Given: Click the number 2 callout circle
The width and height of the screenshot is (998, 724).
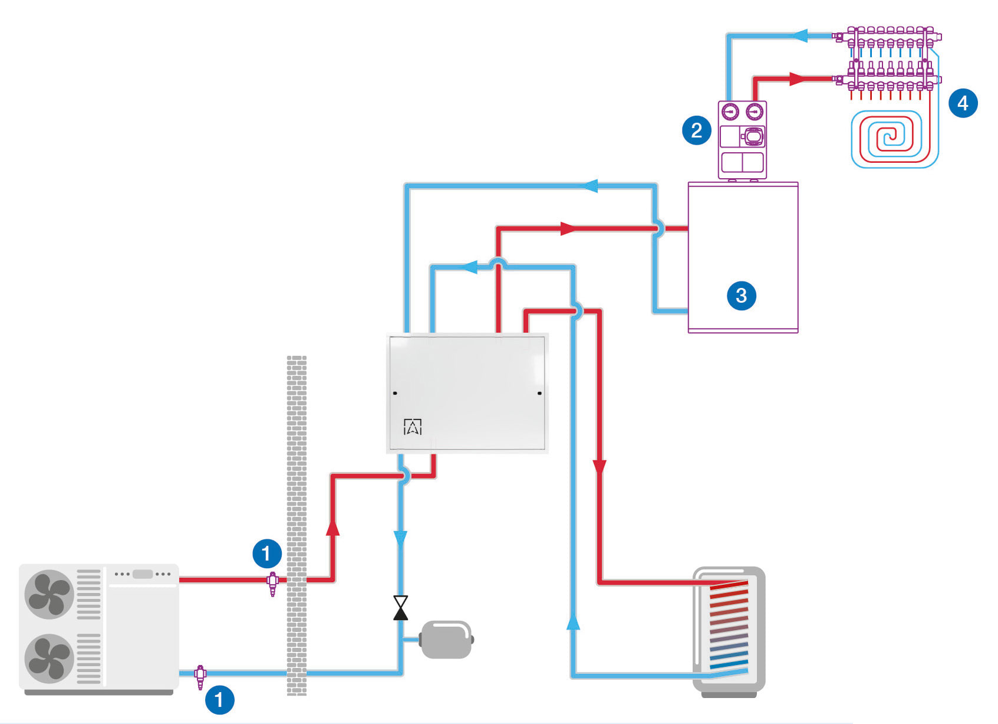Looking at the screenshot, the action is (x=696, y=130).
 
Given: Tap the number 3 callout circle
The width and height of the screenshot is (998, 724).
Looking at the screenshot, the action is (x=742, y=295).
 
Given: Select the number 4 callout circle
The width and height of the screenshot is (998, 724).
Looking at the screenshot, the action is (x=963, y=103).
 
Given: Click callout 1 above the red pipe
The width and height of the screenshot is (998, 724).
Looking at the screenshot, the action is (x=267, y=553).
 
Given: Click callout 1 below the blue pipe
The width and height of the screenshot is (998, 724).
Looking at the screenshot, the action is (x=219, y=699).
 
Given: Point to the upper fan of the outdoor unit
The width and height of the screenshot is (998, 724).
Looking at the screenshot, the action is (x=50, y=594).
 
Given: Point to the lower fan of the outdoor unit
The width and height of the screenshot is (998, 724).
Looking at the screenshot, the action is (x=50, y=659).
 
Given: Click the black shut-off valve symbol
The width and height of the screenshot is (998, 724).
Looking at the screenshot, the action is (x=400, y=608).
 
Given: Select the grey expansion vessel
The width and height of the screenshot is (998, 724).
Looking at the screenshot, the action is (x=447, y=640).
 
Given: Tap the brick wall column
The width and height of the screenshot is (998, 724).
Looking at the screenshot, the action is (x=297, y=526).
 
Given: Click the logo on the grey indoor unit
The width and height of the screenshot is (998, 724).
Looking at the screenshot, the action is (x=413, y=427).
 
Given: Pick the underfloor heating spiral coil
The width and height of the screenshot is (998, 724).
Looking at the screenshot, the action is (x=895, y=138).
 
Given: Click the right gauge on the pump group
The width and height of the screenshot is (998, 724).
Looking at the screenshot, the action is (x=755, y=112).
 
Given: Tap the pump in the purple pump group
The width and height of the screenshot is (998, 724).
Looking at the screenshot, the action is (x=753, y=136).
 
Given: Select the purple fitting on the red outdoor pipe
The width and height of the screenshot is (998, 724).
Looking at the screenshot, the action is (x=272, y=584).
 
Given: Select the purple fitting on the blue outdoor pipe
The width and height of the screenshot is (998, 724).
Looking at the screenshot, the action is (x=200, y=677).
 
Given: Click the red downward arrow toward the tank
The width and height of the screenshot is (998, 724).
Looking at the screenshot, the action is (x=600, y=467).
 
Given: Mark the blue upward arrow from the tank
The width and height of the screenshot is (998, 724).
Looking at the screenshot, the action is (x=574, y=621).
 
